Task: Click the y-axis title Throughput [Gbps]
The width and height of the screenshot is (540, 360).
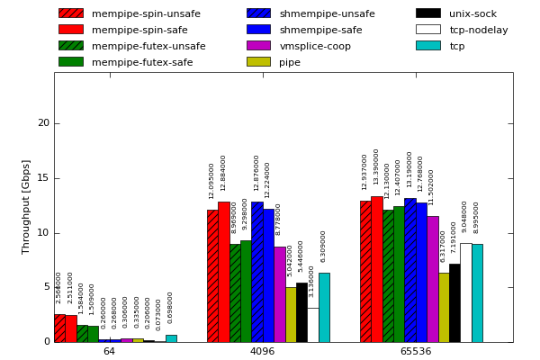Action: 27,206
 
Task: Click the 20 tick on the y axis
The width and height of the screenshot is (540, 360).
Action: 43,123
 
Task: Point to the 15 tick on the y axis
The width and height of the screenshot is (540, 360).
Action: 43,178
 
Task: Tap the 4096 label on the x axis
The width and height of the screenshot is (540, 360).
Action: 262,351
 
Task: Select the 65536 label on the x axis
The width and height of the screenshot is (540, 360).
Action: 415,351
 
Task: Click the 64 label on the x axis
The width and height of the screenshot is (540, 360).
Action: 109,351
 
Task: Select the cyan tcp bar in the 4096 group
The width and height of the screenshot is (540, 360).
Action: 324,307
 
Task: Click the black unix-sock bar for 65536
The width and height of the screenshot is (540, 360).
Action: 454,302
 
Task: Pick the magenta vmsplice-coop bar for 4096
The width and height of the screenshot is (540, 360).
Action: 280,294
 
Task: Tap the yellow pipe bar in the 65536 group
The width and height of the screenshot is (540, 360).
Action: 444,307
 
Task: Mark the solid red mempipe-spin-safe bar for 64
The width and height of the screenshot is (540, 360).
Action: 71,328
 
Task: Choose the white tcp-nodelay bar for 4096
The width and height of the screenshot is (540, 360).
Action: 312,325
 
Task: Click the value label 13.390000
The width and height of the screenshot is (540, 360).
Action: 377,166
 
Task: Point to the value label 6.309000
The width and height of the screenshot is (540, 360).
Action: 324,246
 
